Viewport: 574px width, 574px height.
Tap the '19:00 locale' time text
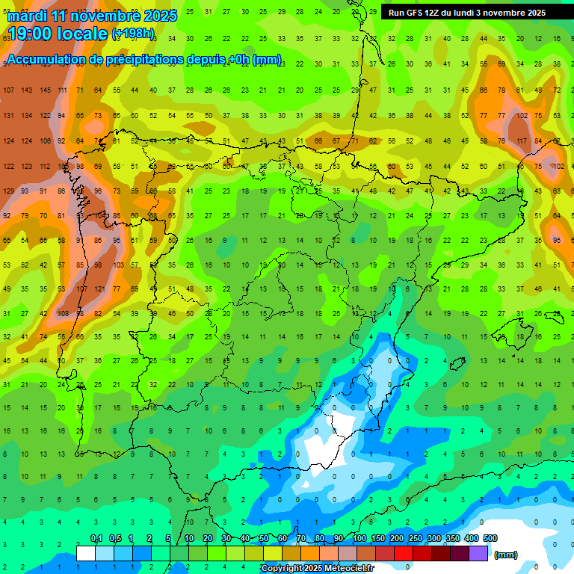(x=56, y=34)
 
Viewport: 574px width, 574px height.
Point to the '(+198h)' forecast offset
(x=133, y=34)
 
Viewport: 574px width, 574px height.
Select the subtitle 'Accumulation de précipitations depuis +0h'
(x=127, y=59)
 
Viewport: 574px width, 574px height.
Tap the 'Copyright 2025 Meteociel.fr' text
(x=317, y=568)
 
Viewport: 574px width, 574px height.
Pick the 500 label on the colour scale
(x=490, y=539)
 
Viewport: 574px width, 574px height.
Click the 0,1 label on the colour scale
(x=96, y=539)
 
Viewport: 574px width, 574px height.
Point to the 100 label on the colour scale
(x=359, y=539)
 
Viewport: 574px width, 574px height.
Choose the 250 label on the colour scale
(x=415, y=539)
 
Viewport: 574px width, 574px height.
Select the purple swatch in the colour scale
(x=478, y=553)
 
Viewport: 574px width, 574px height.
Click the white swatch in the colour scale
(x=86, y=553)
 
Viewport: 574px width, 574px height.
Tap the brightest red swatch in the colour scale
(x=404, y=553)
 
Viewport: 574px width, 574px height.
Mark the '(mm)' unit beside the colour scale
(x=506, y=555)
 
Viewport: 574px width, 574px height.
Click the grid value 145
(x=46, y=90)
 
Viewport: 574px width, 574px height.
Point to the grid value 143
(x=27, y=90)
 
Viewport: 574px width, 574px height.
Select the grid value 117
(x=521, y=141)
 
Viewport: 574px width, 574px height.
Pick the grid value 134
(x=27, y=116)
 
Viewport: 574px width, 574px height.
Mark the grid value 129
(x=9, y=191)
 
